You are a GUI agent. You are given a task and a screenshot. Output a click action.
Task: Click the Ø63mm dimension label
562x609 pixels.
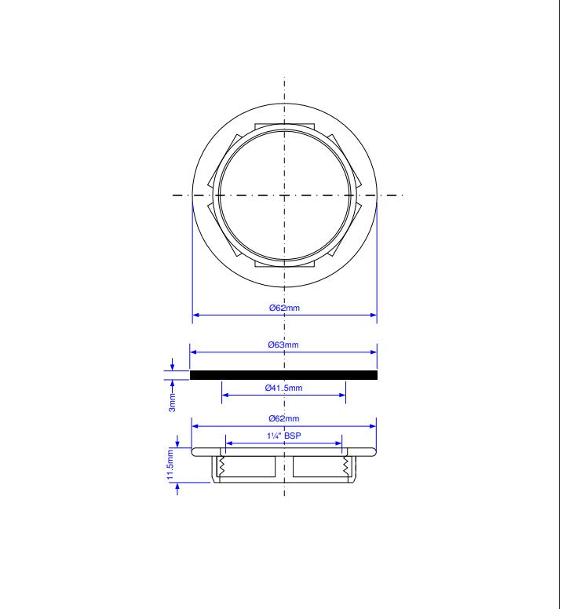[x=283, y=345]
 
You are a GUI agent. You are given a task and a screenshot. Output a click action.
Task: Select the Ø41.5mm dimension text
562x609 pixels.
[x=283, y=388]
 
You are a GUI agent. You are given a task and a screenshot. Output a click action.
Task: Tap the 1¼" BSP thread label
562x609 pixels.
[x=284, y=436]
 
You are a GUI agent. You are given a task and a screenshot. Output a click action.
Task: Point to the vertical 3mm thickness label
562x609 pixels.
[x=172, y=403]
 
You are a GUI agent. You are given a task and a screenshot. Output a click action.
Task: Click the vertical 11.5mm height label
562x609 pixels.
[x=170, y=464]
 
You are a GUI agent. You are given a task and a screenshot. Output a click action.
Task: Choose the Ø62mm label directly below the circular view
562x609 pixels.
[x=284, y=308]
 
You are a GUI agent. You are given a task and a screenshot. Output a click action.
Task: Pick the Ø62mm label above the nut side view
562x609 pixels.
[x=284, y=418]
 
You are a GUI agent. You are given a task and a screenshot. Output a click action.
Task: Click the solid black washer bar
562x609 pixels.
[x=283, y=375]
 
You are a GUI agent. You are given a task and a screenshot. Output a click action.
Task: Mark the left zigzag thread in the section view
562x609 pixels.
[x=222, y=466]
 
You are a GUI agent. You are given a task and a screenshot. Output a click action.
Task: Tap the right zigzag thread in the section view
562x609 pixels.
[x=345, y=466]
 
